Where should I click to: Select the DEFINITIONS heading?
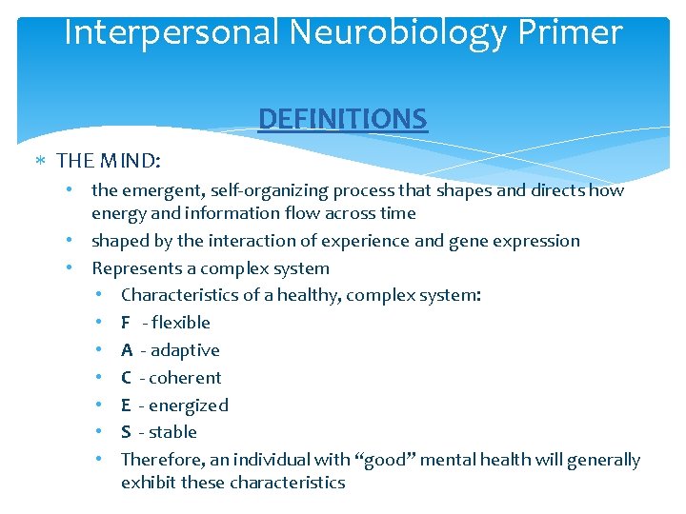click(x=343, y=119)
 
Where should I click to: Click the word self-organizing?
click(x=256, y=189)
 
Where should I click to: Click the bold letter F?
click(x=126, y=323)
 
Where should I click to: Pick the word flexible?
click(x=181, y=323)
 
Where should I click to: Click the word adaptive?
click(x=186, y=350)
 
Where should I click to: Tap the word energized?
click(x=190, y=405)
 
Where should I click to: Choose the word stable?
click(x=174, y=432)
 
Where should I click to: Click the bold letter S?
click(x=126, y=432)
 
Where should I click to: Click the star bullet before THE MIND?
click(x=43, y=160)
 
